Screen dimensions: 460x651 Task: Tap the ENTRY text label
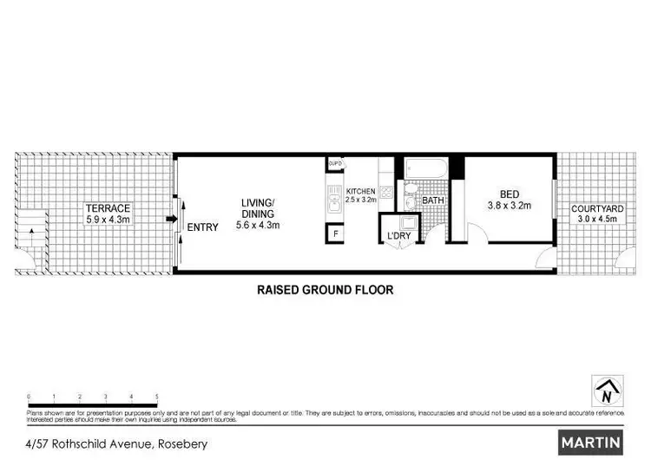(203, 227)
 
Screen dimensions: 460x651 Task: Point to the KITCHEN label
(360, 192)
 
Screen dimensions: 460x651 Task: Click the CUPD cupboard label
(334, 163)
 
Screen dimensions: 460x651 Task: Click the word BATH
(433, 200)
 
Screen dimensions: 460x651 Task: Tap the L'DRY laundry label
(398, 235)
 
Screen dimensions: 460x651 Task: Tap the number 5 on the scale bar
(156, 395)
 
